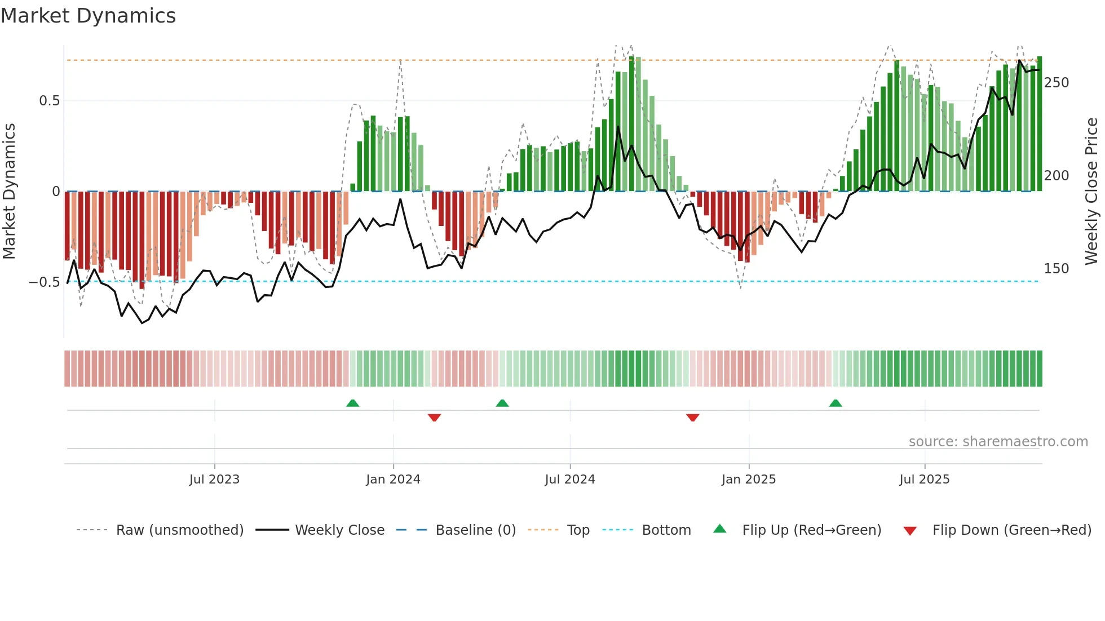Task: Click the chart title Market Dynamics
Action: coord(88,16)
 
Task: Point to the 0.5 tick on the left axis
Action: coord(49,101)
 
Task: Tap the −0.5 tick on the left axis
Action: coord(45,282)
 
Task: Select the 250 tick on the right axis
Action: coord(1056,83)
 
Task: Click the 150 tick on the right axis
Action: coord(1056,269)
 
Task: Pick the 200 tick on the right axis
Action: coord(1056,176)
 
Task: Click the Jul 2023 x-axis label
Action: coord(214,480)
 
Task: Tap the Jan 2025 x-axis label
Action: coord(748,480)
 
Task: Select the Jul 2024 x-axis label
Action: coord(569,480)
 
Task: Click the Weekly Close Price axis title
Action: coord(1091,191)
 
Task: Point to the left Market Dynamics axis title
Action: coord(9,191)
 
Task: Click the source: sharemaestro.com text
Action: coord(998,442)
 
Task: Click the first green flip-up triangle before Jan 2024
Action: coord(352,403)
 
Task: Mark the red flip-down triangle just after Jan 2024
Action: coord(434,418)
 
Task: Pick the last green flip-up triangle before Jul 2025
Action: coord(836,403)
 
